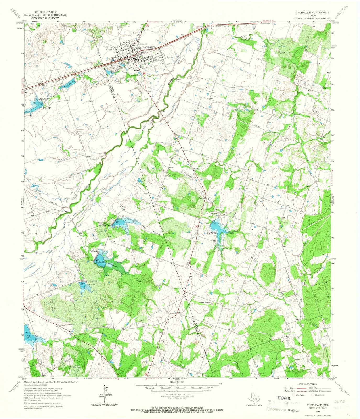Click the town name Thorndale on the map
point(147,47)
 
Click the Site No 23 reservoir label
point(100,262)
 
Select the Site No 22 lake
point(123,223)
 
